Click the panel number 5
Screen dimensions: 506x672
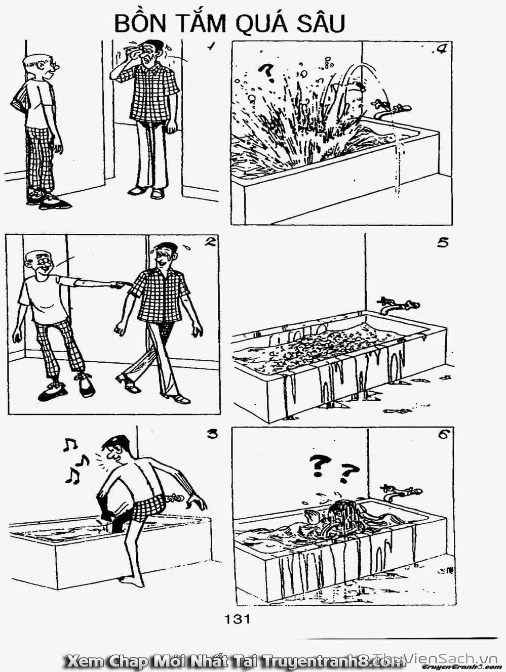click(x=442, y=243)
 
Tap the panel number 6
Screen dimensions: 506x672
click(x=443, y=435)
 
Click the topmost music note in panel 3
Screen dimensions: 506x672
click(x=69, y=445)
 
